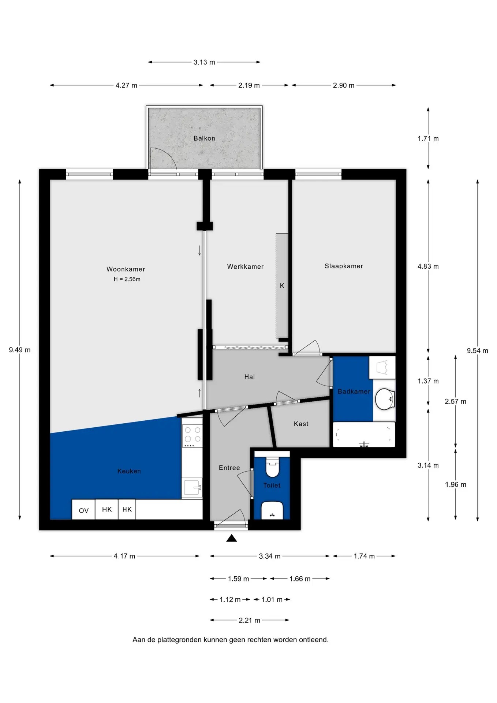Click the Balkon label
tap(204, 138)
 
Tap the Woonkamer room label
tap(126, 269)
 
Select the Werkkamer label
tap(245, 267)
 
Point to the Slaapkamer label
tap(344, 266)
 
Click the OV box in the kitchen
tap(83, 509)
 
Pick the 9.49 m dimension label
tap(20, 350)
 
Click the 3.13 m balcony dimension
tap(204, 62)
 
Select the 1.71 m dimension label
tap(428, 139)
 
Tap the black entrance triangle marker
tap(232, 538)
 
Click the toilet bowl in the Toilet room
tap(272, 468)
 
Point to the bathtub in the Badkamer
tap(364, 435)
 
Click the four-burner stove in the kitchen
tap(192, 436)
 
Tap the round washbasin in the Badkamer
tap(385, 399)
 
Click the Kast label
tap(301, 424)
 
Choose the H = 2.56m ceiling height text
tap(127, 279)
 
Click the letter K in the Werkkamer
tap(282, 286)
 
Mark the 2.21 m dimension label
tap(249, 620)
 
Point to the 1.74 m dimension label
tap(364, 556)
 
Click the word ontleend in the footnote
tap(314, 640)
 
